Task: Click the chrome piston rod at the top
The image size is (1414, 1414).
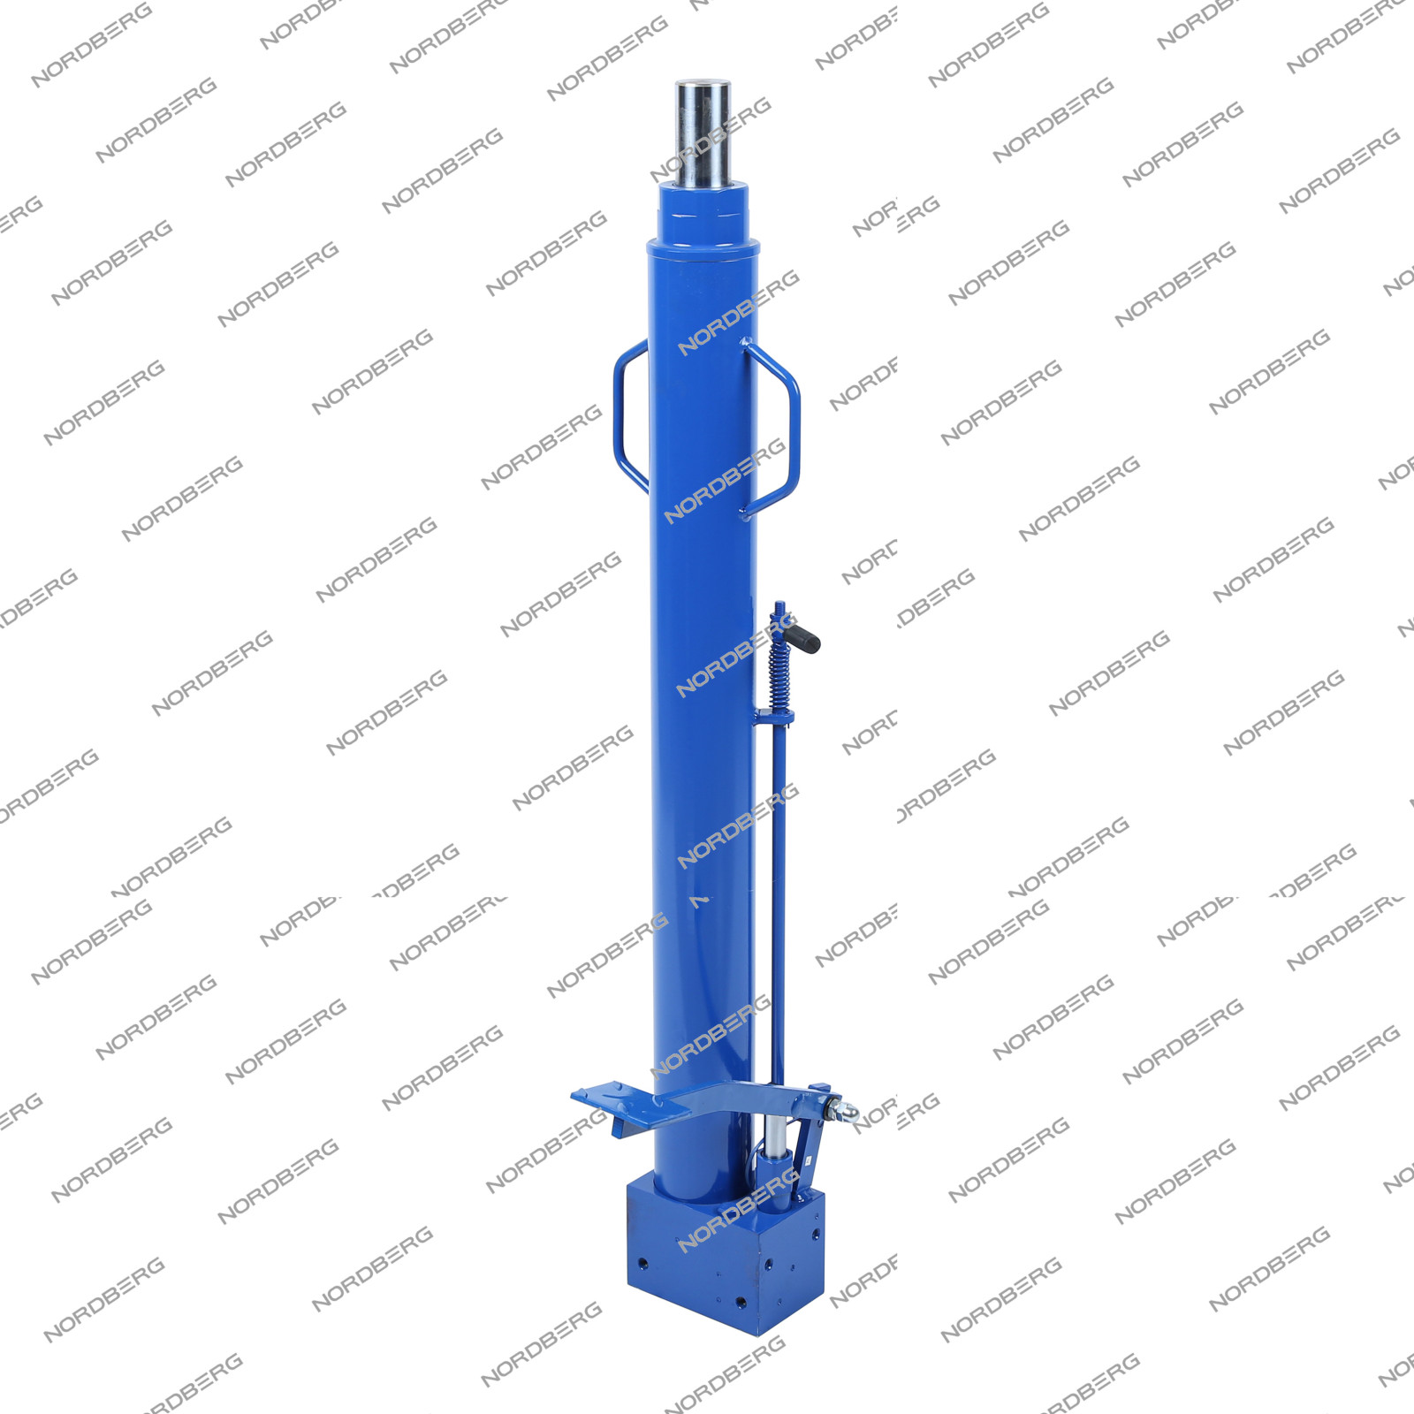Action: (x=703, y=133)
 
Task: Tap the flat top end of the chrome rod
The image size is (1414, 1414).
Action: (x=703, y=83)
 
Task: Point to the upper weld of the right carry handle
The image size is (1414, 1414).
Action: (x=747, y=343)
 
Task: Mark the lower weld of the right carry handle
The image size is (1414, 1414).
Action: (x=747, y=513)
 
